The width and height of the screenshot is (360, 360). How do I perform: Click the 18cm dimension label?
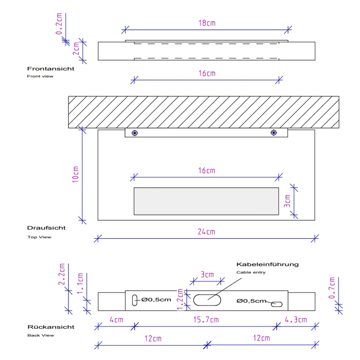207,23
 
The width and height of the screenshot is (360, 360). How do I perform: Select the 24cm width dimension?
207,232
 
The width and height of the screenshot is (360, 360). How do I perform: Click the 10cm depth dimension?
75,174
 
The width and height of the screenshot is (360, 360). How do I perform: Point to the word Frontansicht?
50,68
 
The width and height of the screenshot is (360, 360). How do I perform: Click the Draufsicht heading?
46,227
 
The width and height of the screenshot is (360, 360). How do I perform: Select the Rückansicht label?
50,327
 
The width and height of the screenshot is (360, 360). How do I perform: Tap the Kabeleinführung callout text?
267,264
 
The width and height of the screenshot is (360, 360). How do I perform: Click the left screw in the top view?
135,133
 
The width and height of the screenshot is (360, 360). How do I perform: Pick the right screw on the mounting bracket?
273,133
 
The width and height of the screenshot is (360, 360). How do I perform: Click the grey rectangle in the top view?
206,201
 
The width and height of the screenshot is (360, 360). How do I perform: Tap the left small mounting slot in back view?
135,300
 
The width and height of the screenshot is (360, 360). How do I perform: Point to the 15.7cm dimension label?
207,320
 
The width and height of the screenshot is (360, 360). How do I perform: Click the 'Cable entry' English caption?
251,272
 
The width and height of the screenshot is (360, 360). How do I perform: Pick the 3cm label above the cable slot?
207,275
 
